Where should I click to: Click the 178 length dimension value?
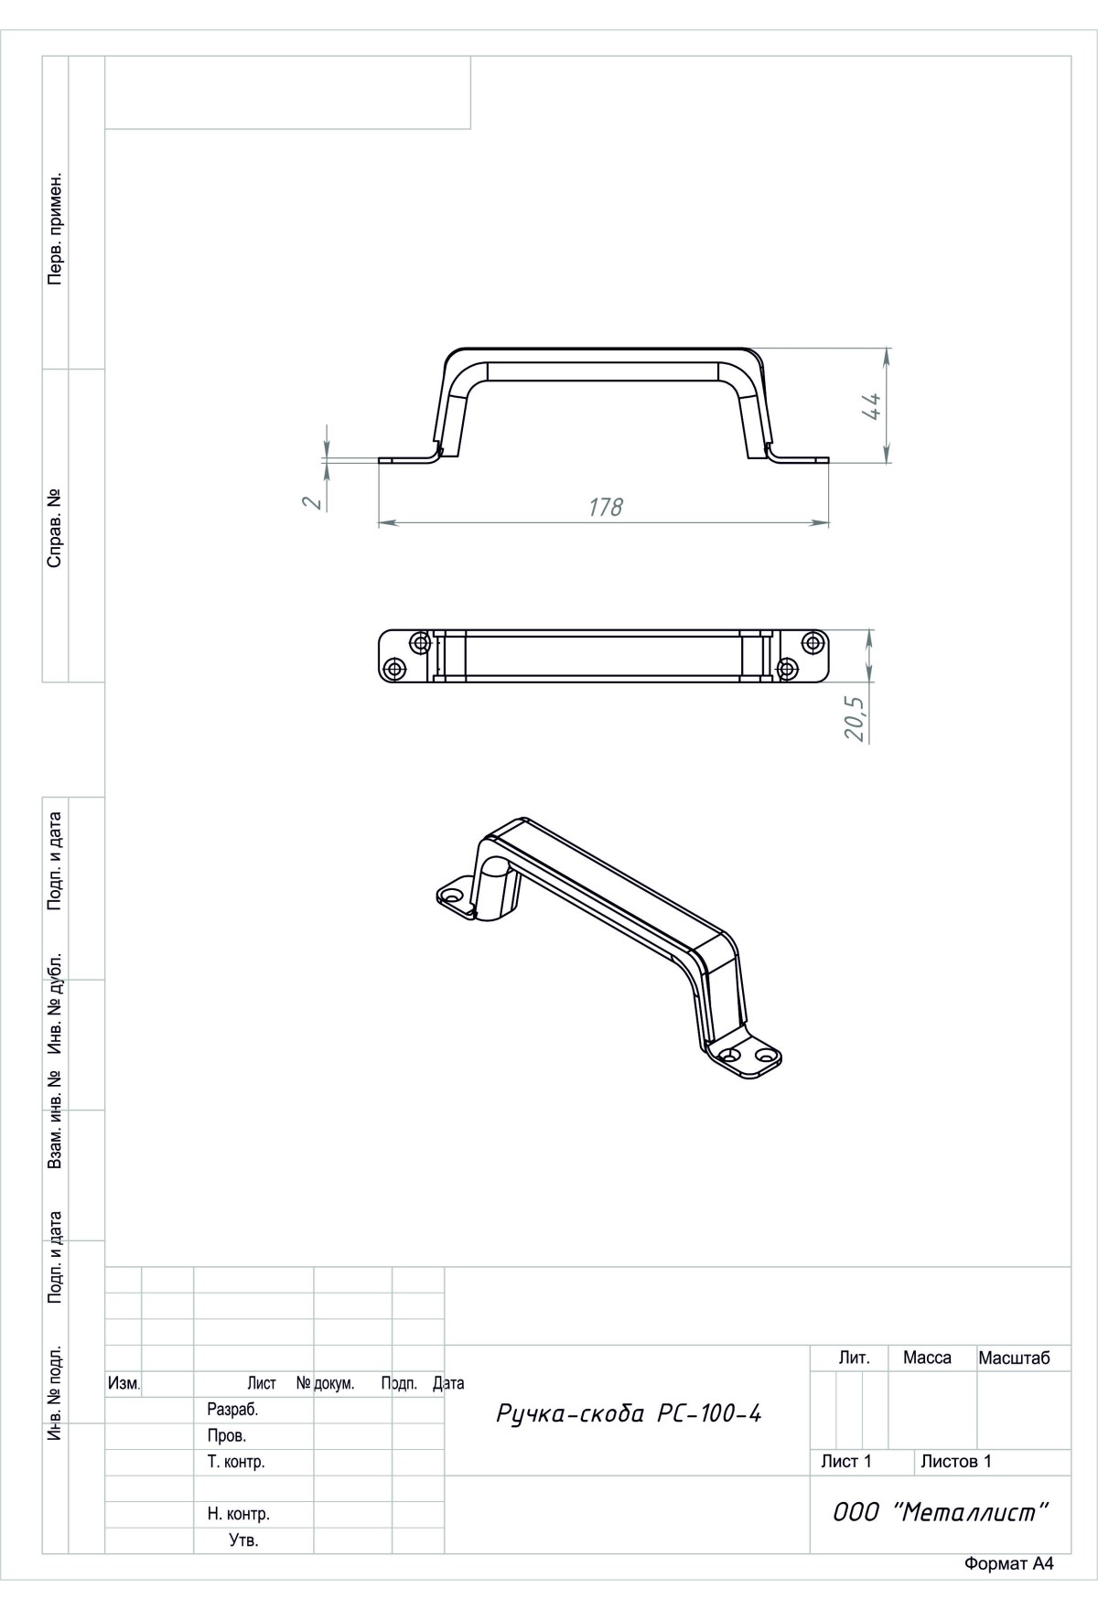pos(606,506)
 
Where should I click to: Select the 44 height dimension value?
pos(870,405)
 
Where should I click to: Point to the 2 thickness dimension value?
pos(312,502)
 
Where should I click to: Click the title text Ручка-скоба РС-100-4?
pos(629,1413)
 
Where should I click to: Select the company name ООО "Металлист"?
pos(940,1512)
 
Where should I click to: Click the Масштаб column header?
pos(1015,1358)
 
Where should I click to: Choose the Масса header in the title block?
pos(927,1358)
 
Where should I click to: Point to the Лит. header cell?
pos(854,1358)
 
